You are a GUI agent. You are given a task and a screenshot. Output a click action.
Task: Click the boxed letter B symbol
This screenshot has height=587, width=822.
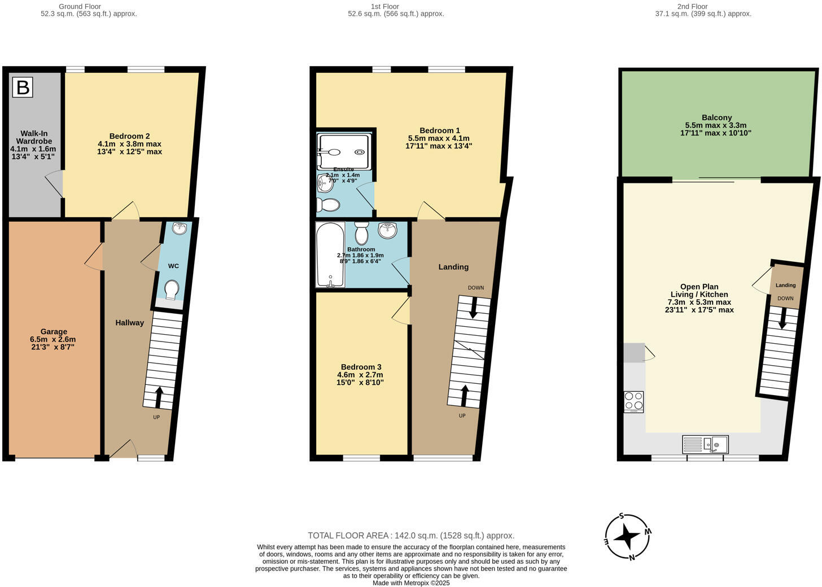pyautogui.click(x=23, y=87)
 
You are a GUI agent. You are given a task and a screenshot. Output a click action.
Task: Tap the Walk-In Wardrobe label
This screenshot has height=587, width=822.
pyautogui.click(x=34, y=145)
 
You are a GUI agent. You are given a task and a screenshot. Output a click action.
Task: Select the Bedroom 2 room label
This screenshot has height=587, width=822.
pyautogui.click(x=129, y=144)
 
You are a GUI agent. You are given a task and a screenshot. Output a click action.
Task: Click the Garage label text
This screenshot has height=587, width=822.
pyautogui.click(x=53, y=339)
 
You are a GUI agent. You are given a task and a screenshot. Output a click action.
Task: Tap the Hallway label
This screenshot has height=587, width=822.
pyautogui.click(x=129, y=323)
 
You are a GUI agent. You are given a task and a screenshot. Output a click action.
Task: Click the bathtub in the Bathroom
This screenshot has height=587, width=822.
pyautogui.click(x=330, y=255)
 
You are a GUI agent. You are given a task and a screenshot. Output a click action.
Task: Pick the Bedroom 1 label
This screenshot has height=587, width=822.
pyautogui.click(x=439, y=138)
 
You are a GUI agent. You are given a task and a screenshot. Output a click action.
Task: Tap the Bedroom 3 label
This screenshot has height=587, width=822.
pyautogui.click(x=360, y=375)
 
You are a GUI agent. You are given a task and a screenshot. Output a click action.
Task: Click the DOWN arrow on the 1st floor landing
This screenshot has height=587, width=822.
pyautogui.click(x=473, y=306)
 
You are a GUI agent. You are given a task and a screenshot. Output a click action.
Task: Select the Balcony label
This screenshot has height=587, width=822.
pyautogui.click(x=716, y=125)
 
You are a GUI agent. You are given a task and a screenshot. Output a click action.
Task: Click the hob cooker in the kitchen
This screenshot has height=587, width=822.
pyautogui.click(x=633, y=401)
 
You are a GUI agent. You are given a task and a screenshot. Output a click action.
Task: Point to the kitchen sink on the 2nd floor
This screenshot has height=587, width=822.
pyautogui.click(x=705, y=445)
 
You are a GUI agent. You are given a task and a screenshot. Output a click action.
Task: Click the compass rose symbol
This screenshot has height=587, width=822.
pyautogui.click(x=627, y=537)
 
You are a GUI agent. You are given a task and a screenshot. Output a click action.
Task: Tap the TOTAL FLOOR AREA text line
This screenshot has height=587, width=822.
pyautogui.click(x=411, y=536)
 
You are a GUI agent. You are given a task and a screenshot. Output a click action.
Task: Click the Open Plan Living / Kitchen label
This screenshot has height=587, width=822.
pyautogui.click(x=699, y=298)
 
